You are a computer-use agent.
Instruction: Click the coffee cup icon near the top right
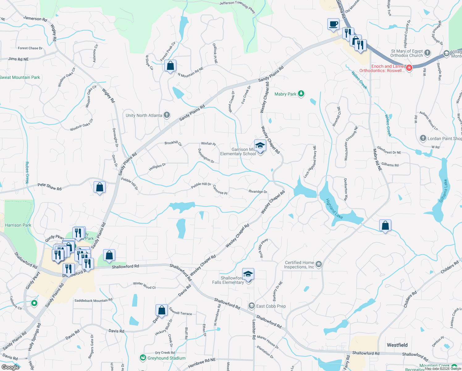[x=333, y=24]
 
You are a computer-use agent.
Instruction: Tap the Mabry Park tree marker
[x=301, y=94]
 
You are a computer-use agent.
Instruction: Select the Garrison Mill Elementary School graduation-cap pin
[x=260, y=146]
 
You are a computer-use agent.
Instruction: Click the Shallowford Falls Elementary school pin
[x=248, y=274]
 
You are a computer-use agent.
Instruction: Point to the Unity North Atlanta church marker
[x=167, y=115]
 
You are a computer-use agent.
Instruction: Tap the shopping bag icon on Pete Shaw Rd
[x=99, y=187]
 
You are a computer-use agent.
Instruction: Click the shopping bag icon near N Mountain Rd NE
[x=170, y=66]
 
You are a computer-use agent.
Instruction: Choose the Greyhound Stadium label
[x=166, y=358]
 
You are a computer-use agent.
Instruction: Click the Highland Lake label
[x=334, y=209]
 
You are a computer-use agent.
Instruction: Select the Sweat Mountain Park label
[x=20, y=77]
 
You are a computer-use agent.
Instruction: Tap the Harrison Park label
[x=18, y=225]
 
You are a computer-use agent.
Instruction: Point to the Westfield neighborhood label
[x=397, y=345]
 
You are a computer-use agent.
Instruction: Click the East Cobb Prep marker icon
[x=252, y=306]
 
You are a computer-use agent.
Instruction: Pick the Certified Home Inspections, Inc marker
[x=319, y=264]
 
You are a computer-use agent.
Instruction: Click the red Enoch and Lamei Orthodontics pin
[x=409, y=68]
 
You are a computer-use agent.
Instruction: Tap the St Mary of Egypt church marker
[x=427, y=53]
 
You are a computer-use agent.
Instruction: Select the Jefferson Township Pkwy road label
[x=237, y=6]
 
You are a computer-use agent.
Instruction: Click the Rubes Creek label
[x=27, y=173]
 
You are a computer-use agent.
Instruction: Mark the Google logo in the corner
[x=10, y=367]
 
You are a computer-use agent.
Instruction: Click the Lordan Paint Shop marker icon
[x=423, y=138]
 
